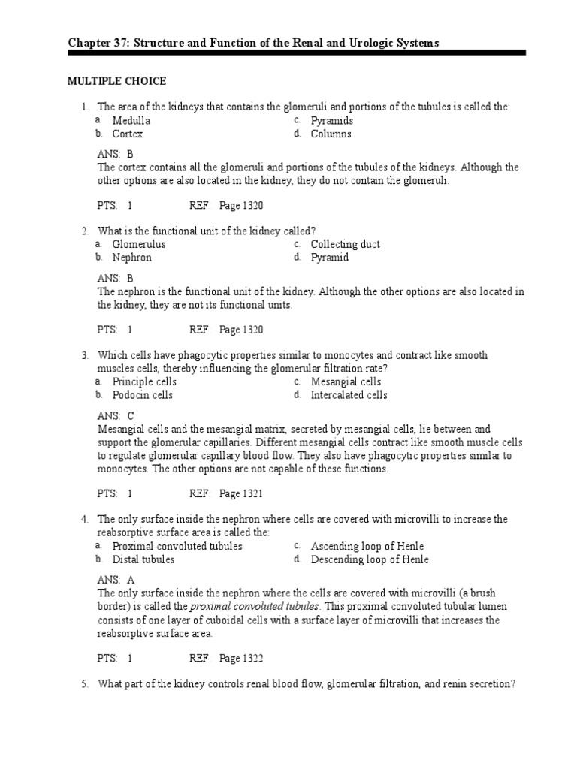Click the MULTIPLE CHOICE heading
tap(116, 81)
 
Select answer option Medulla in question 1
tap(131, 121)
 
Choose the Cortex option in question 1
tap(128, 134)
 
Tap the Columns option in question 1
tap(331, 134)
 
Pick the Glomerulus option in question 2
tap(139, 244)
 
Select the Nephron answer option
tap(132, 258)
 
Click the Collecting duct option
tap(345, 244)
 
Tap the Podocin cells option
tap(143, 395)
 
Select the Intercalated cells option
tap(349, 395)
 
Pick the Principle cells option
tap(144, 381)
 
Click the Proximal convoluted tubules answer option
tap(177, 546)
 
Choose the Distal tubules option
tap(143, 559)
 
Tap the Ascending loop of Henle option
tap(362, 546)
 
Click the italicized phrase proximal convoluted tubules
tap(255, 606)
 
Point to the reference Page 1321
tap(240, 493)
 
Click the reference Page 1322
tap(240, 659)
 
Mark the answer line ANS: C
tap(116, 415)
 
